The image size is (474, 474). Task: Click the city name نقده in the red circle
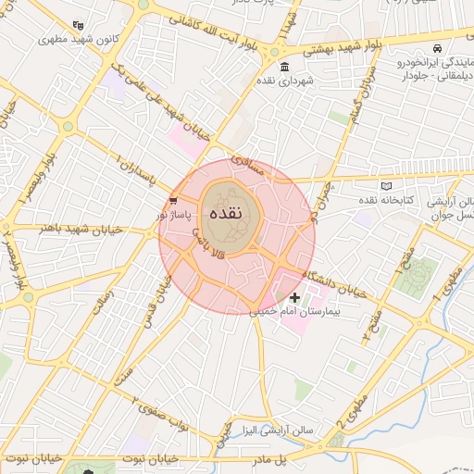228,212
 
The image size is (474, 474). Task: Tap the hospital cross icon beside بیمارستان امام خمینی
294,297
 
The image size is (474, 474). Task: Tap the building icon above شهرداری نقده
283,66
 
